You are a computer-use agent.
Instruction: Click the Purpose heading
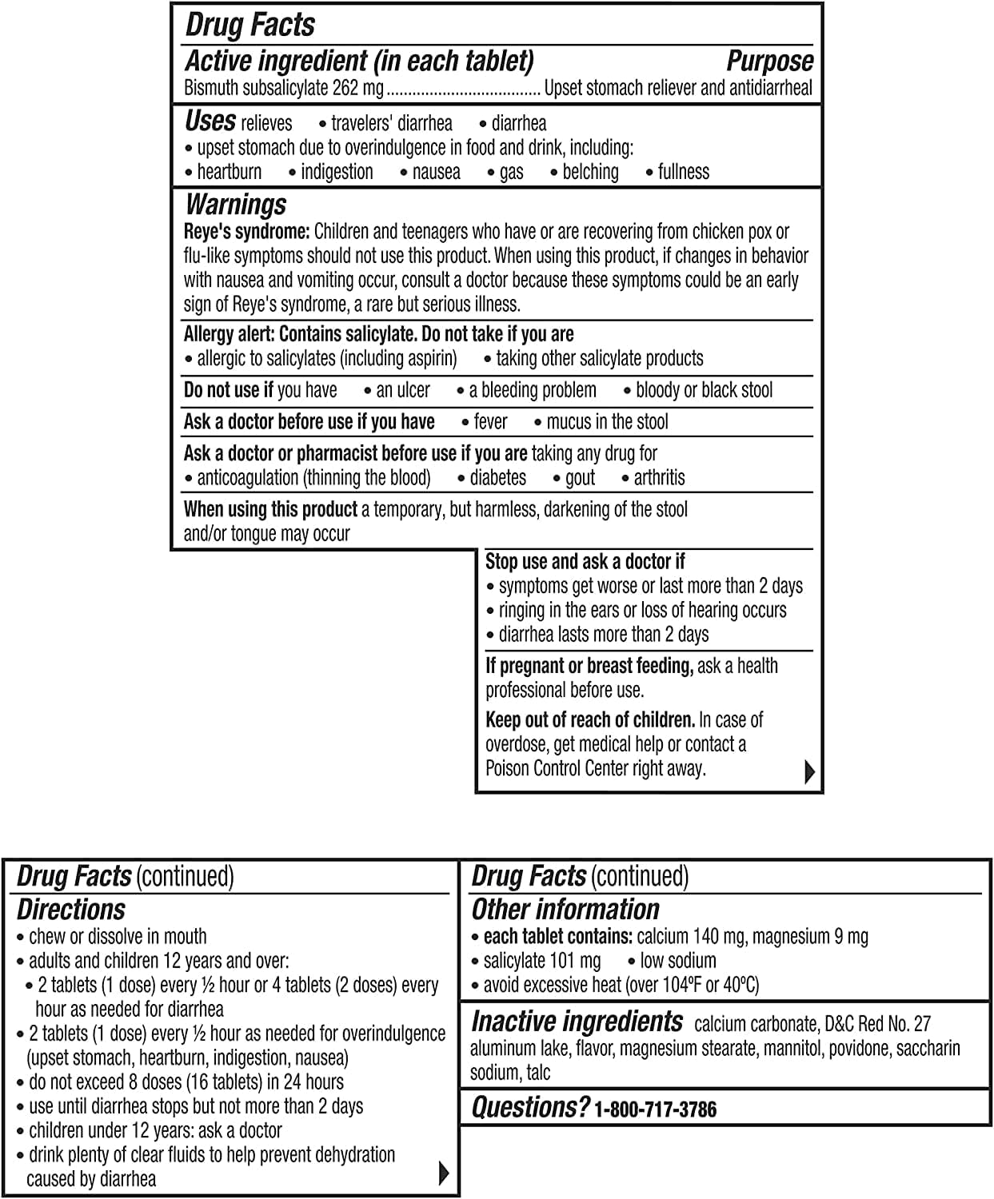(769, 62)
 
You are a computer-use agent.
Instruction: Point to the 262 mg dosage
(357, 88)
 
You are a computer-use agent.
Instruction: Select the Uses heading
(210, 121)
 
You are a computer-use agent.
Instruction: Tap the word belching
(590, 172)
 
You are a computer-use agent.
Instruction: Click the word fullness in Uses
(683, 172)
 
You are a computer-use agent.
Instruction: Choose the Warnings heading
(235, 205)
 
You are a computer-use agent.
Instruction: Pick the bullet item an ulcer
(402, 390)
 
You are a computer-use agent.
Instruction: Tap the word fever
(490, 422)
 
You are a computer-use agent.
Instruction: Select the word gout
(580, 478)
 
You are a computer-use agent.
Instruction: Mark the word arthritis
(659, 478)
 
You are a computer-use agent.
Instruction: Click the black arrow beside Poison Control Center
(809, 772)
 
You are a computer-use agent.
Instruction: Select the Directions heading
(71, 910)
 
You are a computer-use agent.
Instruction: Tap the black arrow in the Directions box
(445, 1173)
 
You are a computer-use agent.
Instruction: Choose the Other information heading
(565, 910)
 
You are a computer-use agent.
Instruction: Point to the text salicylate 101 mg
(541, 961)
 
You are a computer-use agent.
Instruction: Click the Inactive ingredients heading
(577, 1022)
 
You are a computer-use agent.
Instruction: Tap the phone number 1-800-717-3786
(655, 1109)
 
